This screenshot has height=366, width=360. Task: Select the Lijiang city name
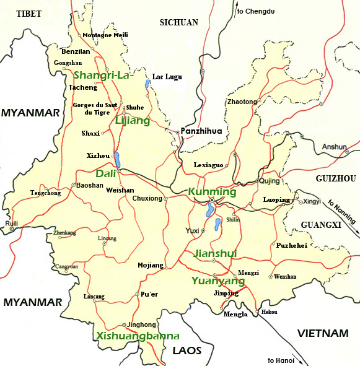[x=133, y=121]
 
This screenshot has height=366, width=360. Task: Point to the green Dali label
[x=106, y=173]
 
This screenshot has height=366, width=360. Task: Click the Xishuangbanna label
[x=138, y=336]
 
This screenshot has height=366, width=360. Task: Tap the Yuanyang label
[x=217, y=281]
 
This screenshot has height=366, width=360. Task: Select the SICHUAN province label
[x=178, y=22]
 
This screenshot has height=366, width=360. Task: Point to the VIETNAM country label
[x=322, y=333]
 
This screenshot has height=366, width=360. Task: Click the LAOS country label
[x=187, y=351]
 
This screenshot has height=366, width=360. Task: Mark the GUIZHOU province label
[x=335, y=178]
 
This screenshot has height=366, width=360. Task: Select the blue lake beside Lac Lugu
[x=147, y=83]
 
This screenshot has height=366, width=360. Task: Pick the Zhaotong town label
[x=242, y=101]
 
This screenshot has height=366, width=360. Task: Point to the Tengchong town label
[x=45, y=193]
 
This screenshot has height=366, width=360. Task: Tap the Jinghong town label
[x=142, y=324]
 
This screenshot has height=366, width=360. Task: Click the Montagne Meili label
[x=105, y=35]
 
